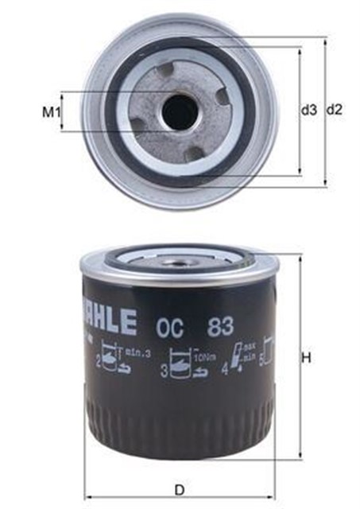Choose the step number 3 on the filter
point(165,370)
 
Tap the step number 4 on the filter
point(225,368)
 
